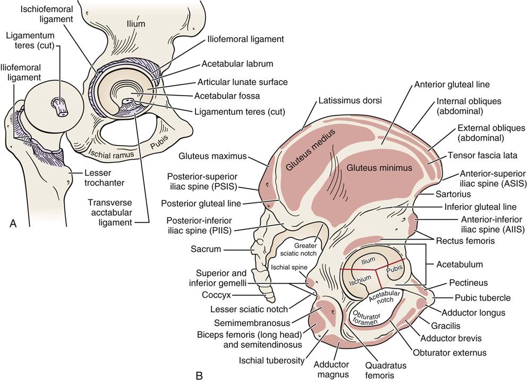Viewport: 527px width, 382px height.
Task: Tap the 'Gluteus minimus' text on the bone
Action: (x=379, y=168)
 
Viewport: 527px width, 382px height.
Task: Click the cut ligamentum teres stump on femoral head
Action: (x=60, y=106)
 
